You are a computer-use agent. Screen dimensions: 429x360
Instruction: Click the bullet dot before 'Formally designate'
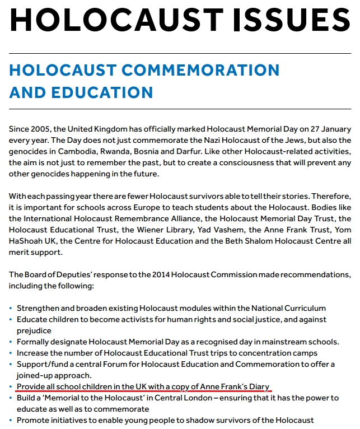pos(11,342)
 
